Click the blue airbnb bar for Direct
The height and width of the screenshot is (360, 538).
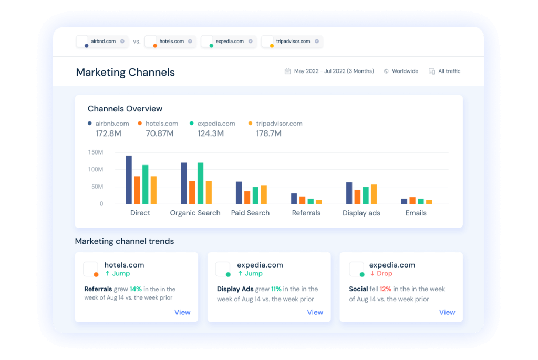(129, 180)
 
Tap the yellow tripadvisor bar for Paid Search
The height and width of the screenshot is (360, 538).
(264, 194)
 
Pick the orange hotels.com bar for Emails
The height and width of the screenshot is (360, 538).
(412, 200)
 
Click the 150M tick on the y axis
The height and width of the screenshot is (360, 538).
(96, 152)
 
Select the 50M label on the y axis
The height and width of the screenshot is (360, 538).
(97, 187)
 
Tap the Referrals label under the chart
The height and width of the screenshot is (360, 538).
(306, 213)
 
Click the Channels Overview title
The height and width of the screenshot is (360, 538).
(125, 109)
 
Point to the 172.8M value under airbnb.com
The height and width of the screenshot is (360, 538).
(109, 133)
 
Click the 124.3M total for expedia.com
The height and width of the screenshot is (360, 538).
(211, 133)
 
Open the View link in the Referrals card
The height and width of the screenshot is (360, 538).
(182, 312)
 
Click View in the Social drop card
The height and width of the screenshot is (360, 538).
(447, 312)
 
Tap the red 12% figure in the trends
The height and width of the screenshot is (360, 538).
(386, 289)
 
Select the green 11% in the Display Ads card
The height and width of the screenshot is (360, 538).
(276, 289)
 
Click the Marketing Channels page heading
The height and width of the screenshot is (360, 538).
(126, 72)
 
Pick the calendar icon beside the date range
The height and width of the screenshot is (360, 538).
(287, 71)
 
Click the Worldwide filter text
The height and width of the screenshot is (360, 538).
(405, 71)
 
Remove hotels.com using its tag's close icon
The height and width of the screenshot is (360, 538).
(190, 42)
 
